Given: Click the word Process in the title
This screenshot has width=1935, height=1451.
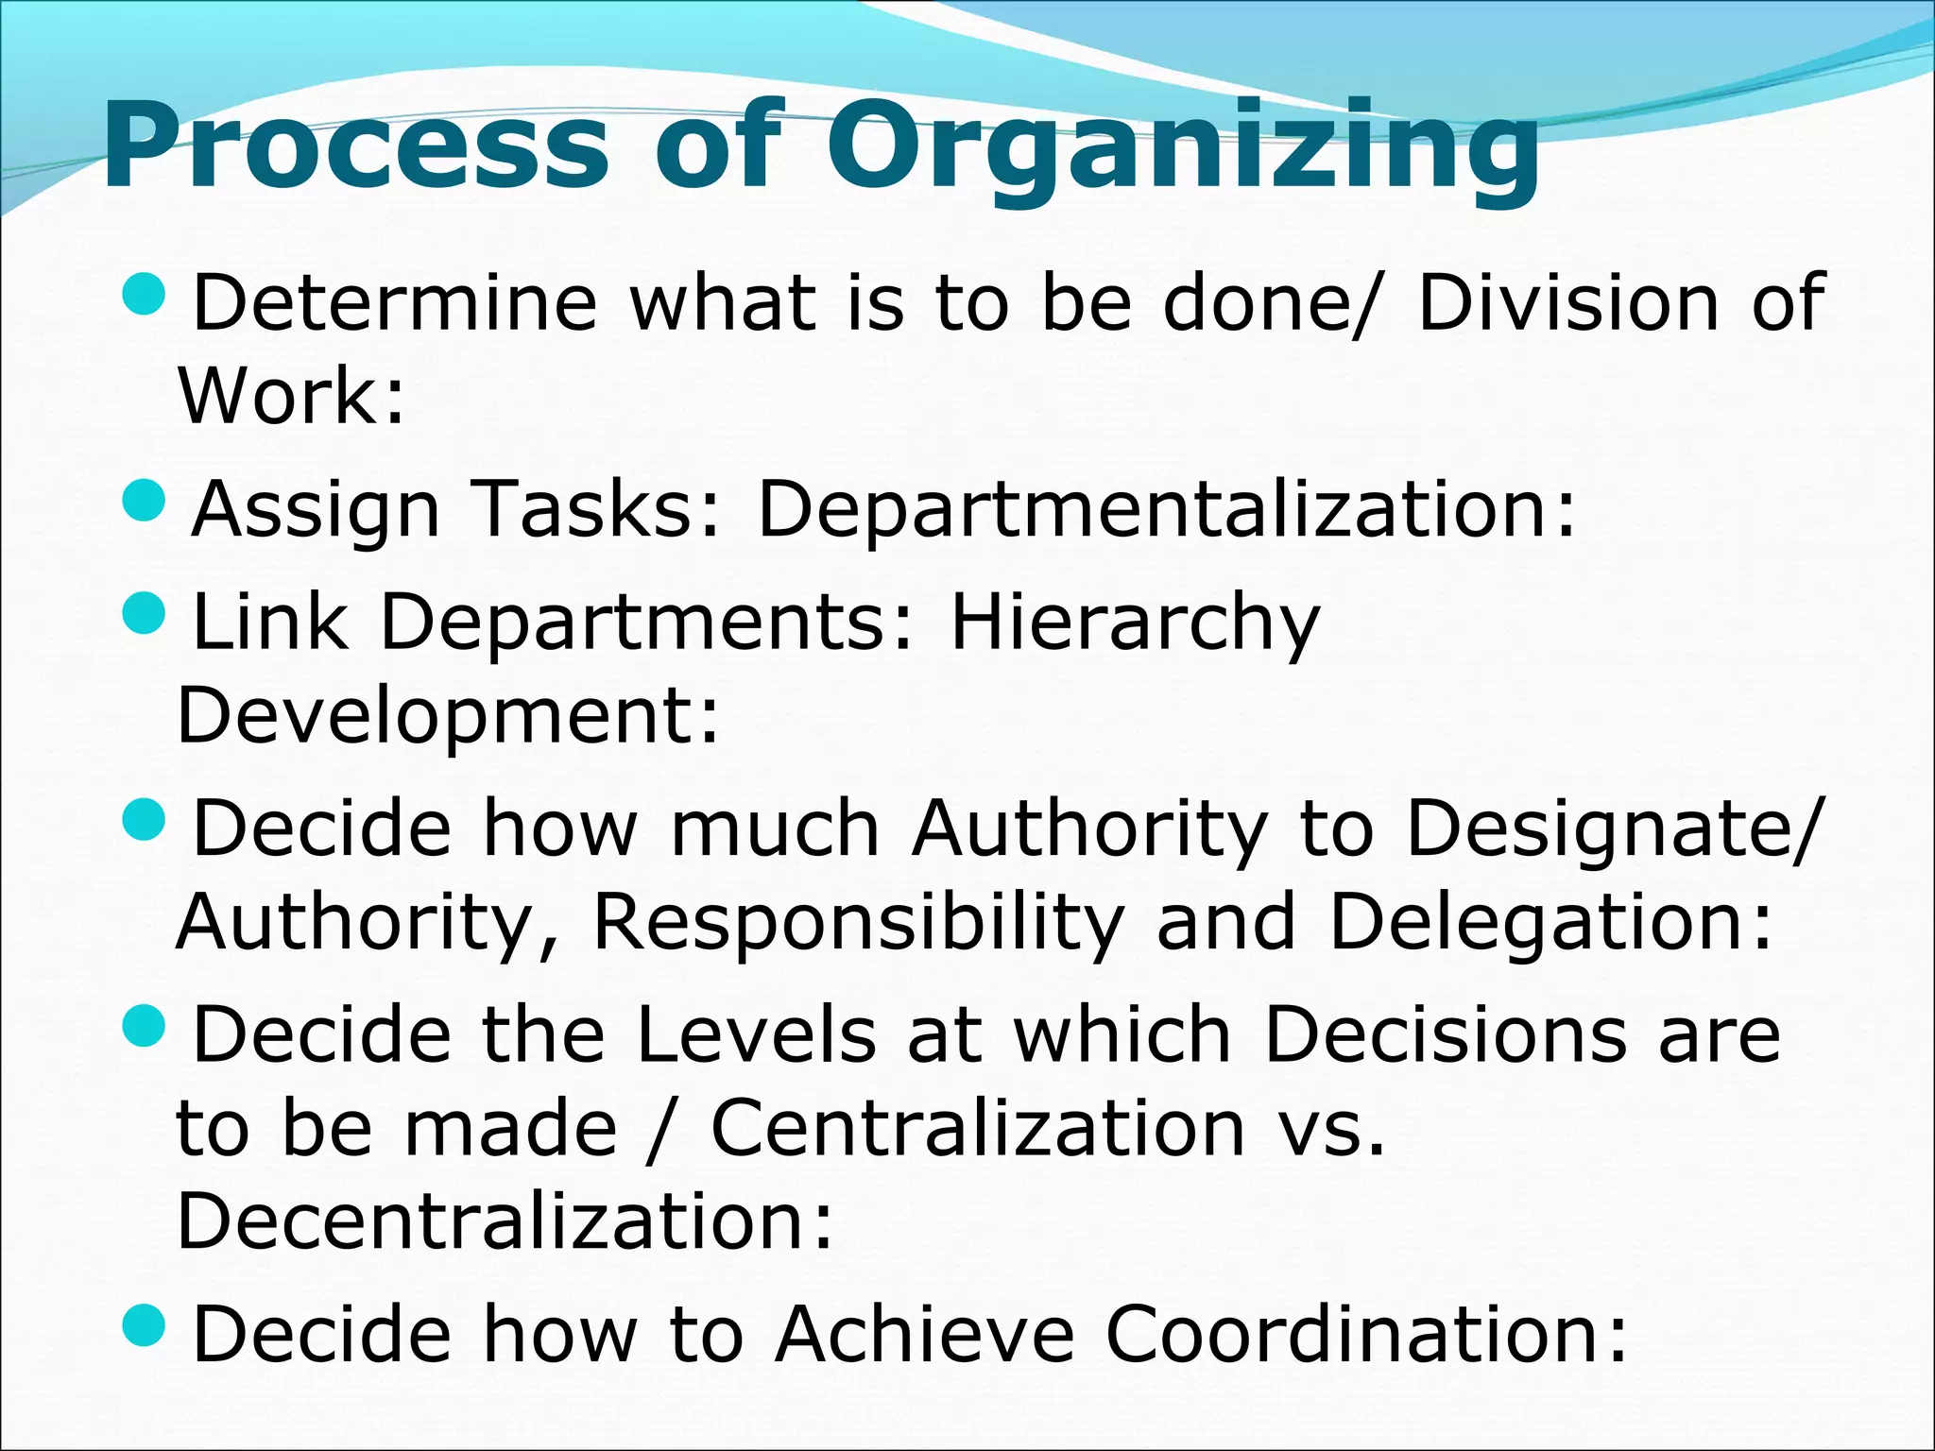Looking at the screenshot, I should (x=354, y=146).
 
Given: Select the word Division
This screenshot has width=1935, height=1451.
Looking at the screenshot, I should (x=1568, y=304).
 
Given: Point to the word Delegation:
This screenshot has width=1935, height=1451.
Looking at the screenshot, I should (x=1550, y=924).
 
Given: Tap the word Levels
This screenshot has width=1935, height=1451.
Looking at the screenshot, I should (x=756, y=1035).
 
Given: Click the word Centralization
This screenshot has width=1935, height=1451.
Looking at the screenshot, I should (x=978, y=1129).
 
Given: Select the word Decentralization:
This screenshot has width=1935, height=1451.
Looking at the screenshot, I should (x=505, y=1221).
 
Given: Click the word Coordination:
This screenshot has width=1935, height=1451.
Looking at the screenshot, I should (x=1366, y=1335).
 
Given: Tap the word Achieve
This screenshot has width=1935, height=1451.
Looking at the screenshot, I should (x=925, y=1335).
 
